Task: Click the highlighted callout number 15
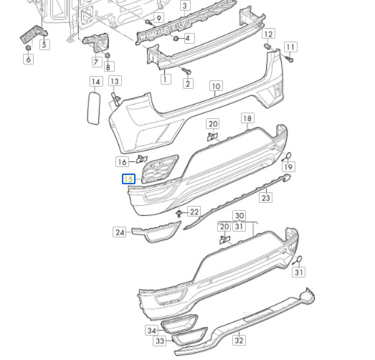(x=128, y=179)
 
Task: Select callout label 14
(x=96, y=82)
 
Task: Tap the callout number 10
(x=217, y=86)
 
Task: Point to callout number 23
(x=266, y=198)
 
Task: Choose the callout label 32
(x=239, y=340)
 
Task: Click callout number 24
(x=120, y=232)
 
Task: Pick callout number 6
(x=29, y=59)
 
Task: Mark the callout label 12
(x=269, y=34)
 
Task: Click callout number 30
(x=239, y=216)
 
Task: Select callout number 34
(x=152, y=331)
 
